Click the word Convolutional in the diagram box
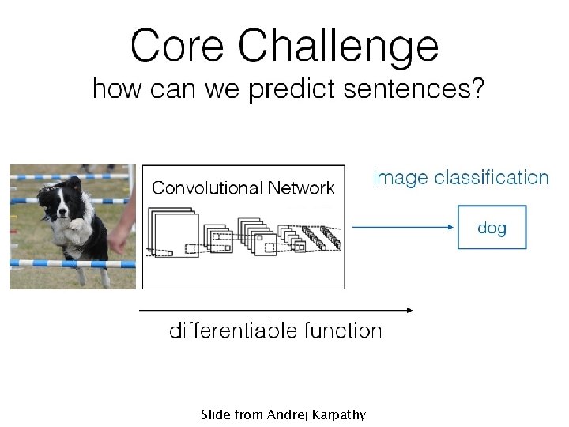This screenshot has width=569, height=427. click(x=207, y=188)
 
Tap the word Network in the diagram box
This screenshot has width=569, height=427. click(x=301, y=188)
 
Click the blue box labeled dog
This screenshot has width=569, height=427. click(x=492, y=228)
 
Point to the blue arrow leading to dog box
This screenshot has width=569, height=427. click(x=403, y=227)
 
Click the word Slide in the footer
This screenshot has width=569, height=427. click(x=214, y=414)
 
